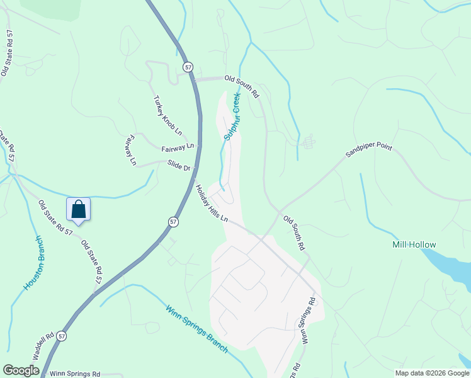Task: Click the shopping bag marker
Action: (x=79, y=209)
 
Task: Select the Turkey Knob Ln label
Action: (x=168, y=116)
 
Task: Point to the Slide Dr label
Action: (x=179, y=166)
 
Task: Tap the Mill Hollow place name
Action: (x=413, y=244)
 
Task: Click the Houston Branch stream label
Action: (x=33, y=263)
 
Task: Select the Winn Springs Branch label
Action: (x=196, y=329)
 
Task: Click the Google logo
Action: (x=21, y=370)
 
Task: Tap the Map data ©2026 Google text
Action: (x=432, y=373)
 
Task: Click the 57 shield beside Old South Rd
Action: (x=188, y=66)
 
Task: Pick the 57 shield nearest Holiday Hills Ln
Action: (x=174, y=222)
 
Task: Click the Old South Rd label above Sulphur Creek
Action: (x=242, y=86)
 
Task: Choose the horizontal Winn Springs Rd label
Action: (x=75, y=374)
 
